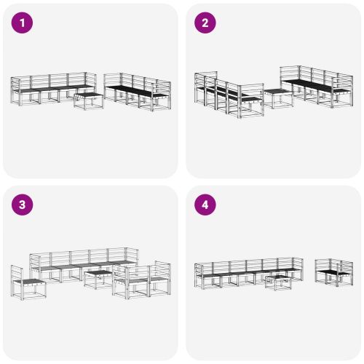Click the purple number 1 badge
click(x=23, y=23)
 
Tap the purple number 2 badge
click(x=205, y=23)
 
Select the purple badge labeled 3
click(x=23, y=205)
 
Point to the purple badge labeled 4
click(x=205, y=205)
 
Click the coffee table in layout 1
click(x=89, y=100)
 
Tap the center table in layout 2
click(x=276, y=97)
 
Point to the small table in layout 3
click(x=98, y=279)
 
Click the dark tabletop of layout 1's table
click(x=89, y=95)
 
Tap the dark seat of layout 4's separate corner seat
click(x=334, y=274)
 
